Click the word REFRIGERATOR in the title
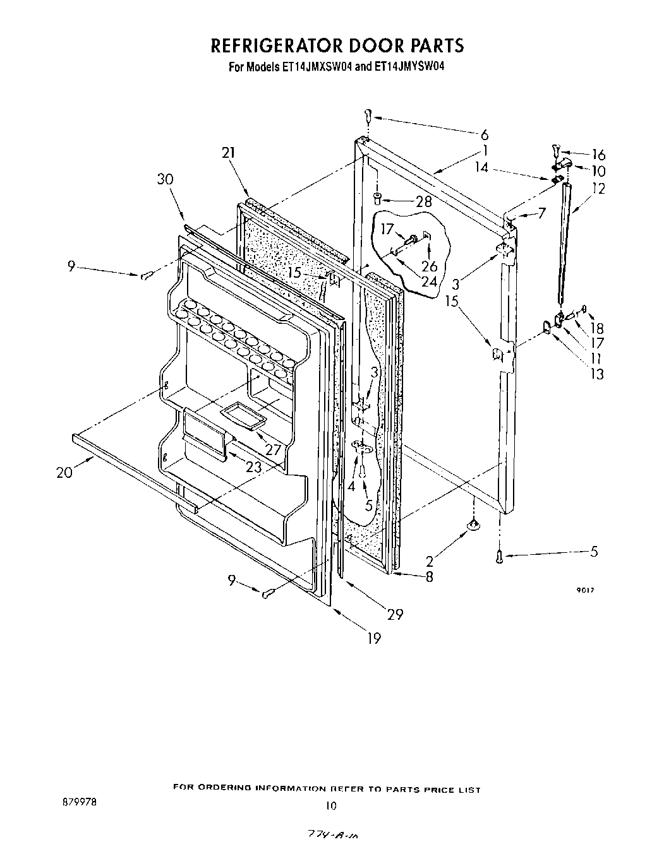275,45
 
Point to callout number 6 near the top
485,134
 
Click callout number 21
228,153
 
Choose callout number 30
165,179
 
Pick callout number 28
424,202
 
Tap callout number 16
598,155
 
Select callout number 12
598,188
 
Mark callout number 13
596,374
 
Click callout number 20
64,473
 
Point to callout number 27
272,450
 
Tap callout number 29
395,614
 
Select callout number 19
374,639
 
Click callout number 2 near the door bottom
430,561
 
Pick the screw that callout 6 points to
368,116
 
